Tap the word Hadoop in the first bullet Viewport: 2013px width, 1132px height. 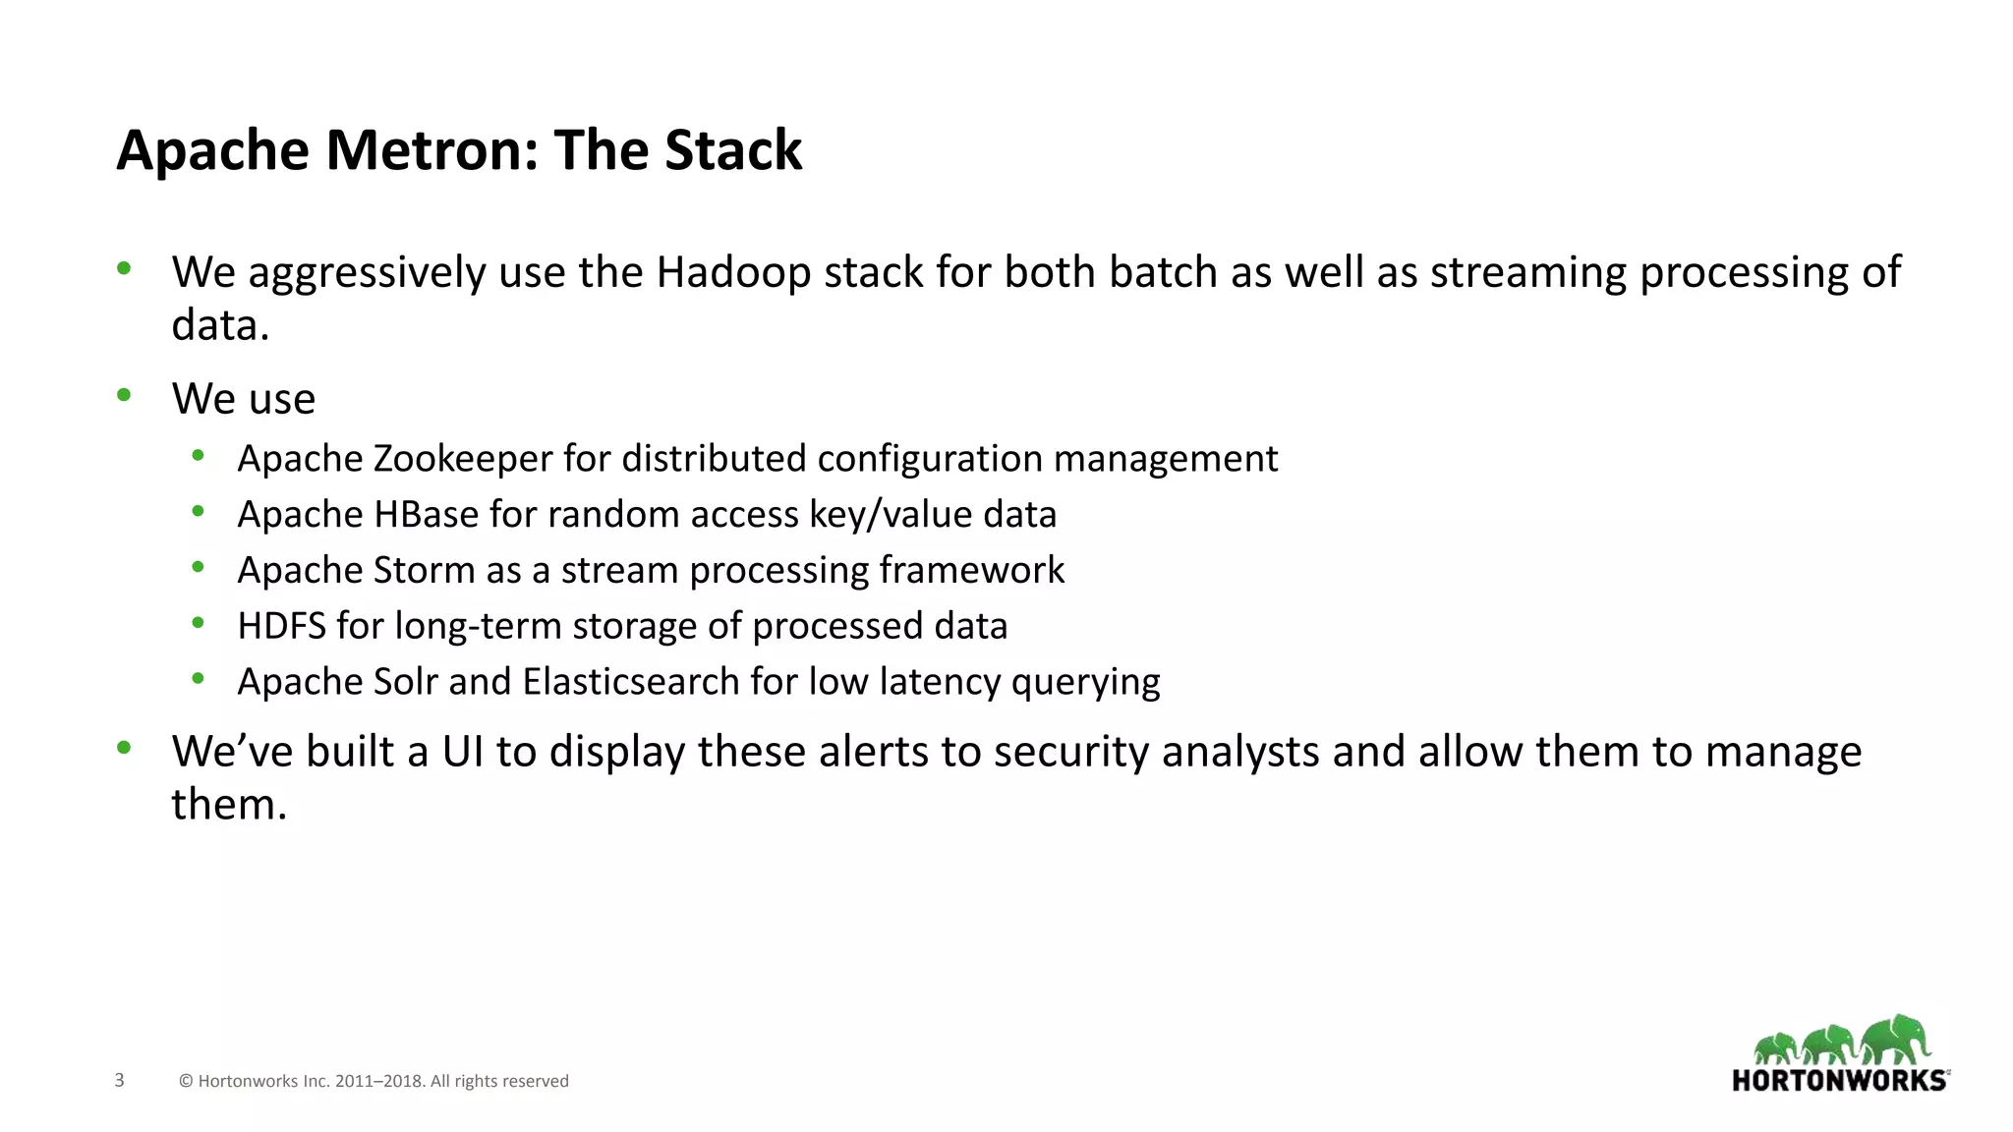(733, 272)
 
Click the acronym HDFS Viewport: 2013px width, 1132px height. (281, 626)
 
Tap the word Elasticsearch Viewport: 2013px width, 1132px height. (631, 682)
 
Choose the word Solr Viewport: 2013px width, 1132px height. (406, 682)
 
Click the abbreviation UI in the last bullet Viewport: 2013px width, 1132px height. (462, 752)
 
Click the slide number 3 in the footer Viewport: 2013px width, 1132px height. (120, 1080)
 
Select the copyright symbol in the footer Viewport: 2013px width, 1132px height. (186, 1081)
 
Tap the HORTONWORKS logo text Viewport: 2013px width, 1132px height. (1839, 1081)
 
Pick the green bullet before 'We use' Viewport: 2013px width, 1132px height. (124, 395)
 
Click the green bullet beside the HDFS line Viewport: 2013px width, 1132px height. (199, 622)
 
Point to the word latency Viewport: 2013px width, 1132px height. (940, 682)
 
